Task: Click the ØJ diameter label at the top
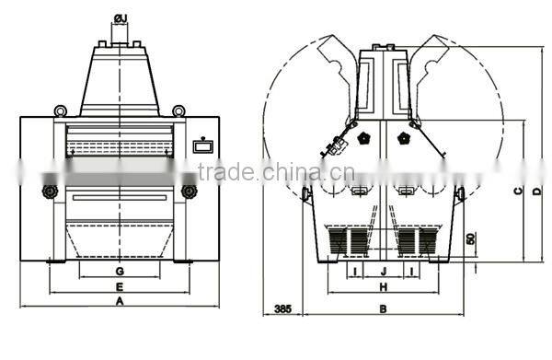click(121, 17)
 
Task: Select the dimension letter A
click(120, 300)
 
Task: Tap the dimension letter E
click(120, 285)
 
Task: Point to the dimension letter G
click(120, 271)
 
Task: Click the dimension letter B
click(383, 308)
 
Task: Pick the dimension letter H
click(383, 285)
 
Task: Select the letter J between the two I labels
click(383, 271)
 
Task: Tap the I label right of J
click(411, 271)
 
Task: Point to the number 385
click(282, 309)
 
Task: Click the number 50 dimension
click(472, 238)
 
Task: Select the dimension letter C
click(518, 191)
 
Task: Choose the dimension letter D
click(536, 191)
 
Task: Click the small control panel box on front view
click(201, 145)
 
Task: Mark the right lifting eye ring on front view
click(178, 111)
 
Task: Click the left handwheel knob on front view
click(48, 192)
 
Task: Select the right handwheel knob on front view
click(190, 192)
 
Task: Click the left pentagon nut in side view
click(363, 138)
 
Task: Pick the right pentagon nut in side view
click(402, 138)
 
